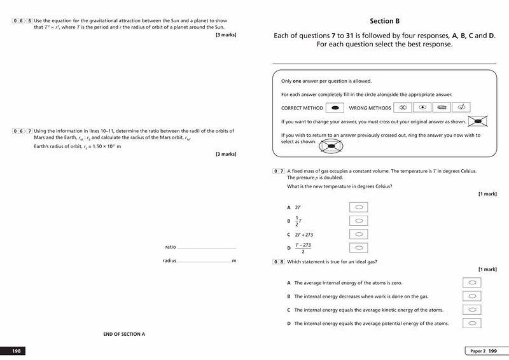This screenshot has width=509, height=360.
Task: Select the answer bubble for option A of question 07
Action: click(x=359, y=207)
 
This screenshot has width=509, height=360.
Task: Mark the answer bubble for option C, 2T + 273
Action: click(x=359, y=234)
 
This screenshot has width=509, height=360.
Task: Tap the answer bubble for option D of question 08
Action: click(x=471, y=323)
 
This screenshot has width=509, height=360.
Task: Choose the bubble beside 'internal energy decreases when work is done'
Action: click(x=471, y=296)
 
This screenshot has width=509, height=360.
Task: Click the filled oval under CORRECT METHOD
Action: click(x=335, y=107)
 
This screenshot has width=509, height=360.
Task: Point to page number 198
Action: click(x=17, y=351)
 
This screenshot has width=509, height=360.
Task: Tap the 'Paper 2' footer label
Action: click(x=478, y=351)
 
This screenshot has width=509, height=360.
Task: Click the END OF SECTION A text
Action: click(x=124, y=334)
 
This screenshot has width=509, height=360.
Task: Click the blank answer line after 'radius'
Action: click(x=204, y=261)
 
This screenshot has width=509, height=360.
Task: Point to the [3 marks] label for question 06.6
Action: click(x=226, y=34)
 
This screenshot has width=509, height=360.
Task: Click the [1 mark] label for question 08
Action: click(x=487, y=269)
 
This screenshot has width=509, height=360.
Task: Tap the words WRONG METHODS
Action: click(x=370, y=108)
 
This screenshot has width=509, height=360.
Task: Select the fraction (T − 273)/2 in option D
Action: click(x=302, y=247)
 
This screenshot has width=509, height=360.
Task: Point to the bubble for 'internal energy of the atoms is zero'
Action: click(x=471, y=282)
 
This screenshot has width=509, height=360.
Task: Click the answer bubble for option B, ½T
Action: click(x=359, y=221)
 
